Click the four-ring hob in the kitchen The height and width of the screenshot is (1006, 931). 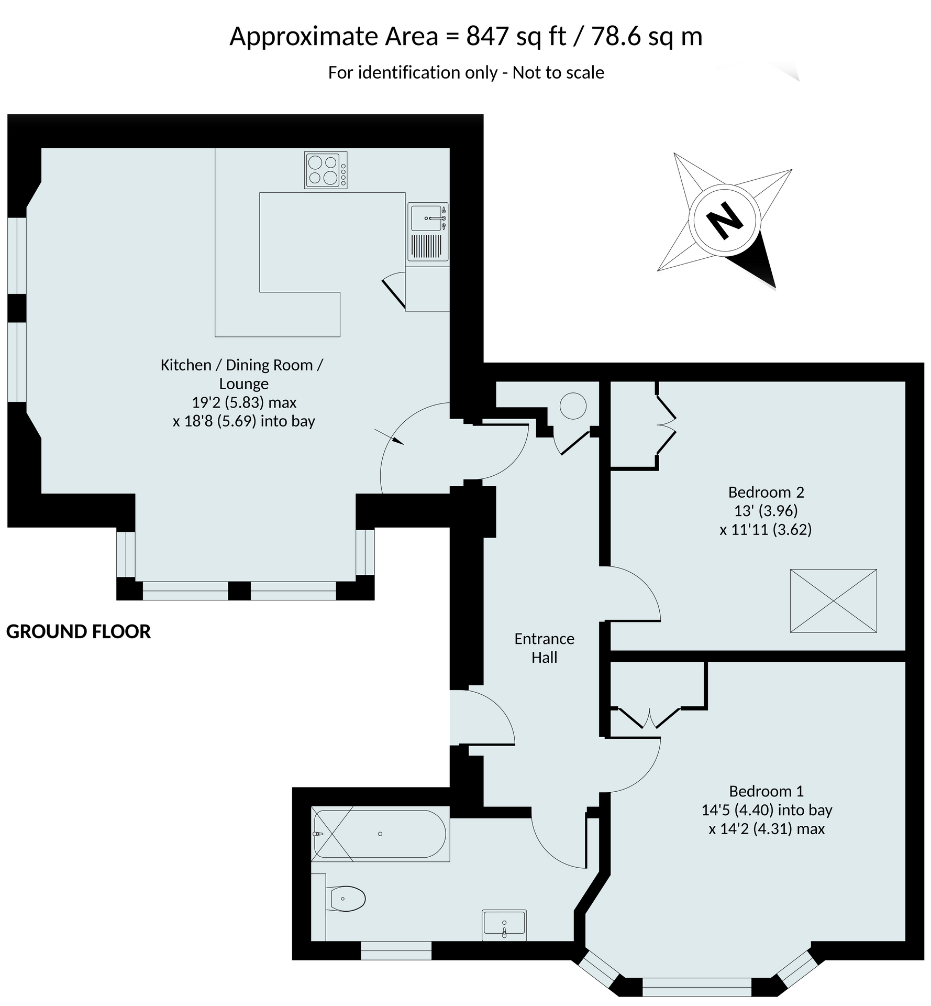pos(326,170)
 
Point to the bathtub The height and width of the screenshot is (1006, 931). pos(380,834)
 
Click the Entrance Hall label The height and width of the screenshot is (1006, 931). pos(544,648)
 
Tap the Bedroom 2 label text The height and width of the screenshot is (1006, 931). pos(766,492)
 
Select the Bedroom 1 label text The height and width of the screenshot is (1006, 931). pos(766,791)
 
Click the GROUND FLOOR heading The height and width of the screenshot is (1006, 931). pos(79,631)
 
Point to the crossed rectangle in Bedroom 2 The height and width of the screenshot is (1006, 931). pos(833,601)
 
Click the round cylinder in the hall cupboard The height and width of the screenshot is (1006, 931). pos(573,406)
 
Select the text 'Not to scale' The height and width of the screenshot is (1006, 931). pos(558,72)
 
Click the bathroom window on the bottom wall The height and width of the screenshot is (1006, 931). pos(396,950)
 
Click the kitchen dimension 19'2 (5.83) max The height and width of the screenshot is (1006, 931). pos(244,402)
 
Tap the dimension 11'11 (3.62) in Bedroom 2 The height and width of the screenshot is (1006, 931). pos(766,529)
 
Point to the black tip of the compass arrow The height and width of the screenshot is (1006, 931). pos(775,289)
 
